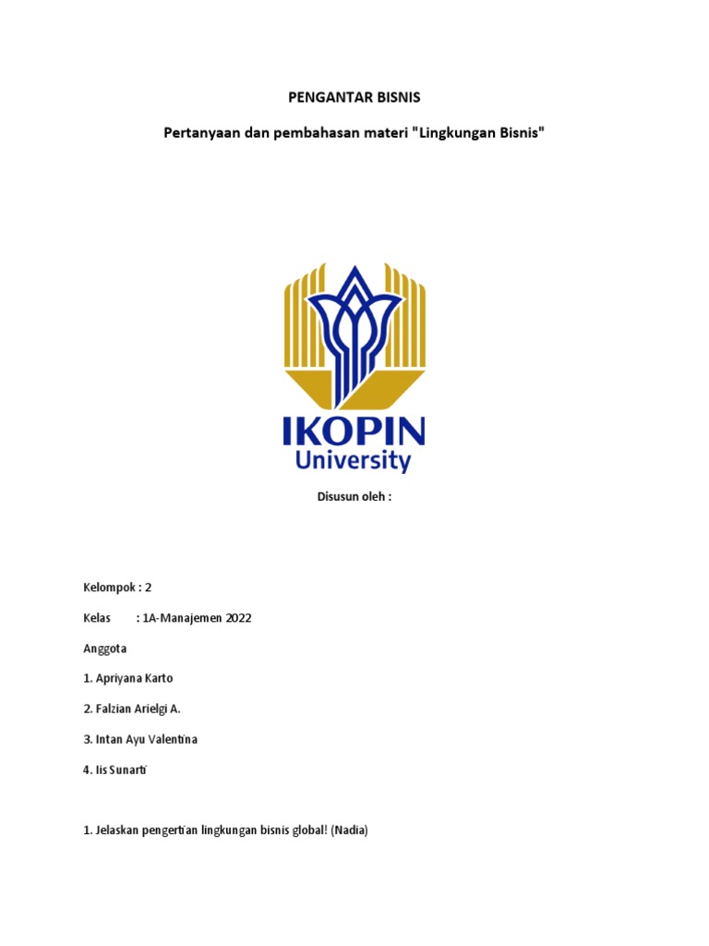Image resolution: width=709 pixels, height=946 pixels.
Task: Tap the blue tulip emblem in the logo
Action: point(354,324)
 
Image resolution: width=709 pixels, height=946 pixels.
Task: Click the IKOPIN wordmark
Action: point(354,432)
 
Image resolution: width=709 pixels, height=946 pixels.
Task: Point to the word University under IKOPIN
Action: point(354,461)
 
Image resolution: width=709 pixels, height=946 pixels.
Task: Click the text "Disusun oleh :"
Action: point(354,497)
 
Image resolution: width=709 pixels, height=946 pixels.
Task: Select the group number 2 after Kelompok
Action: point(148,588)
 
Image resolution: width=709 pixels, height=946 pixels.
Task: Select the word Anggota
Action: point(104,649)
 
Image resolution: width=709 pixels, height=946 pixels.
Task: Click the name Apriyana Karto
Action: point(133,678)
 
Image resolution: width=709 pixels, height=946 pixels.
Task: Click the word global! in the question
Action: point(294,830)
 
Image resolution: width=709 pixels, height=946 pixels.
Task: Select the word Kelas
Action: point(97,618)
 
